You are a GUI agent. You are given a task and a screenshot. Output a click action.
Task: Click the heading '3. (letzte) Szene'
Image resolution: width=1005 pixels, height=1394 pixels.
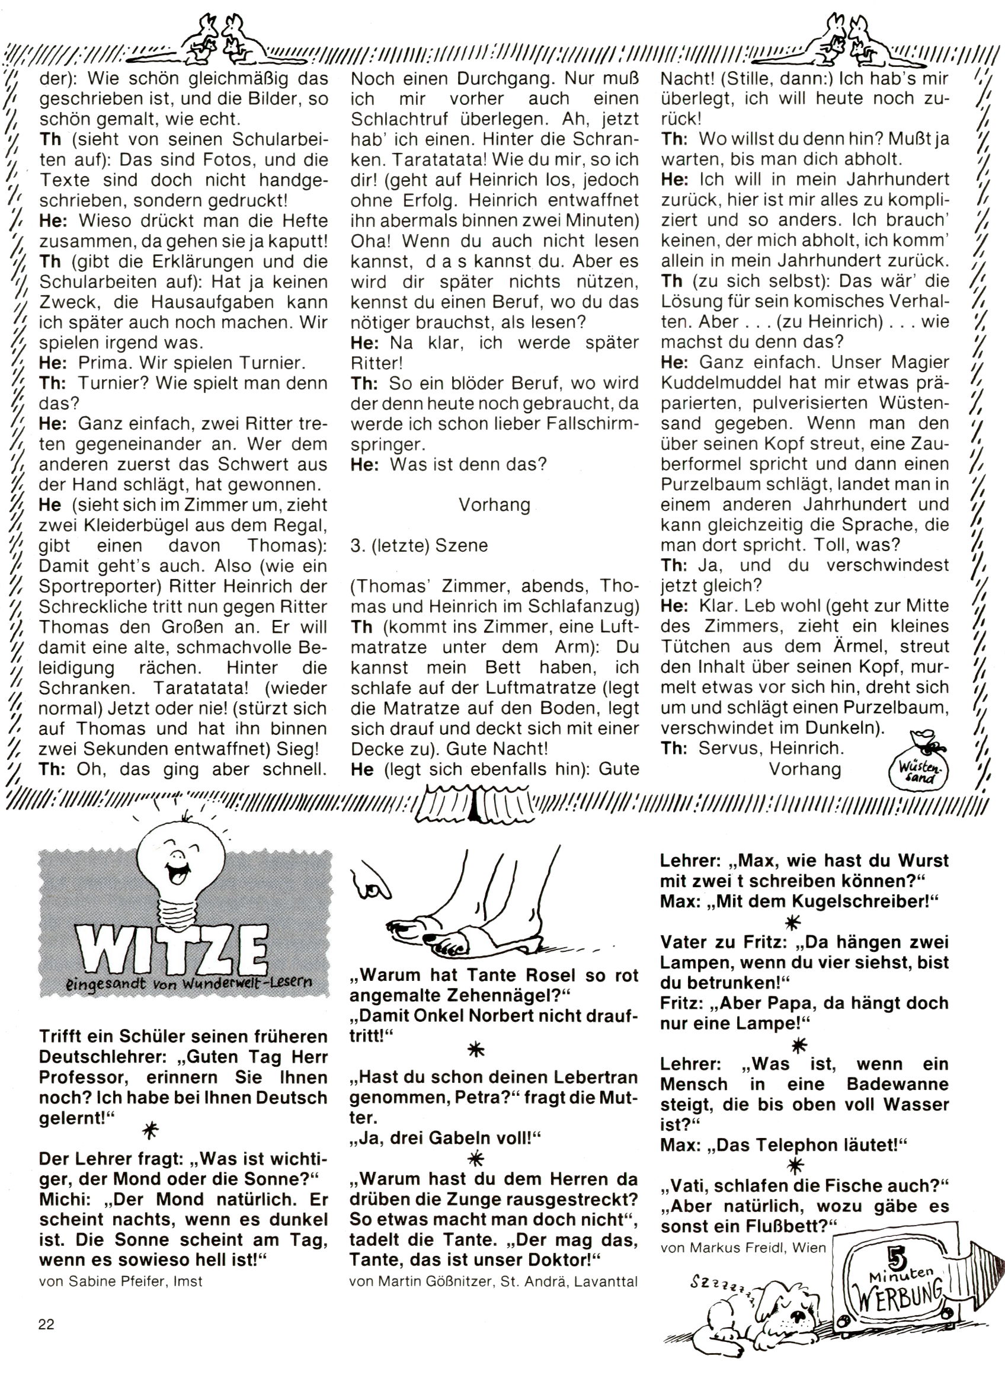click(x=418, y=546)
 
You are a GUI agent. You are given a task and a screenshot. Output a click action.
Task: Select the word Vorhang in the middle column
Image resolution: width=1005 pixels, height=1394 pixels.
click(x=495, y=505)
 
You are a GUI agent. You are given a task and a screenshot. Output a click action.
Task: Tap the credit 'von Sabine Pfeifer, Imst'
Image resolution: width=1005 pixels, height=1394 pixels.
click(x=120, y=1281)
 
